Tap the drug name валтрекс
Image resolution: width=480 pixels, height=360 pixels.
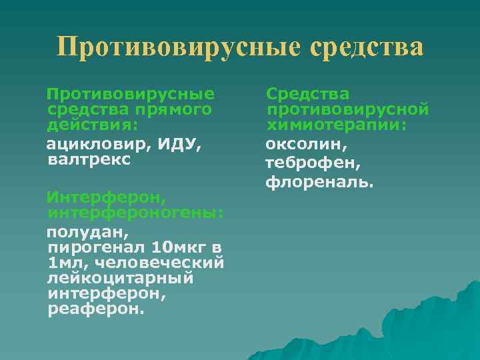(89, 160)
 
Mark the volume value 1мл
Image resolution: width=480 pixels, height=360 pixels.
(66, 263)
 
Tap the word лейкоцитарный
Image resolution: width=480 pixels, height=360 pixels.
(121, 279)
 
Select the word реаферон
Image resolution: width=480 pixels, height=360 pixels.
(95, 311)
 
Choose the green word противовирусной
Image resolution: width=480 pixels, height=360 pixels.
(347, 109)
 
